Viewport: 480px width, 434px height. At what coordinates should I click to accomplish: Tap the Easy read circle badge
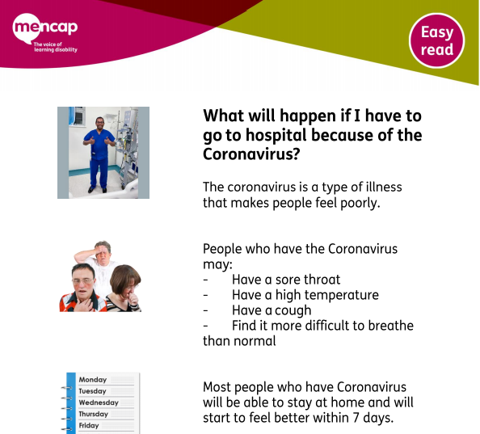pyautogui.click(x=436, y=40)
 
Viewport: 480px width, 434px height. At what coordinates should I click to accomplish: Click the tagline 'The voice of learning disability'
pyautogui.click(x=56, y=47)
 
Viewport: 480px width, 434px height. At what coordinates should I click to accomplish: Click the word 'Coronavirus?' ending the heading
pyautogui.click(x=251, y=154)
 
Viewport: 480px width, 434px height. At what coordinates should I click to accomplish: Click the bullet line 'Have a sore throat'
pyautogui.click(x=286, y=280)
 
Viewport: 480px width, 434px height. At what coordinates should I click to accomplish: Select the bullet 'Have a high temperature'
pyautogui.click(x=305, y=295)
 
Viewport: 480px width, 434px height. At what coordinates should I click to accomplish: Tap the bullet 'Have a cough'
pyautogui.click(x=272, y=310)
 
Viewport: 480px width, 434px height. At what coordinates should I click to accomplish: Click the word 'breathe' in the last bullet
pyautogui.click(x=390, y=326)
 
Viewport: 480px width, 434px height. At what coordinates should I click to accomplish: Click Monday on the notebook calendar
pyautogui.click(x=93, y=380)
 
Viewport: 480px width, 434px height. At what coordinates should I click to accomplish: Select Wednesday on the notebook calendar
pyautogui.click(x=99, y=402)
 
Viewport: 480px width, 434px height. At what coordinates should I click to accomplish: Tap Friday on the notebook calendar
pyautogui.click(x=89, y=425)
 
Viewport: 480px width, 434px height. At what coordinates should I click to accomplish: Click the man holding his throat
pyautogui.click(x=82, y=288)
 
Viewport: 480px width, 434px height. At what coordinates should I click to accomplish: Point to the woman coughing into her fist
pyautogui.click(x=124, y=289)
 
